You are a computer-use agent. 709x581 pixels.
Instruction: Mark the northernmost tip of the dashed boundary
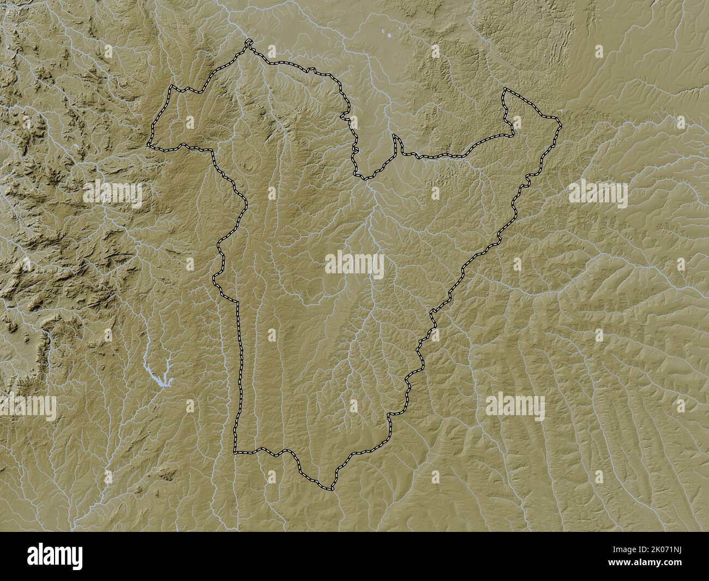248,41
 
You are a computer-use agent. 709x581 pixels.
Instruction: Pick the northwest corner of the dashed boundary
171,87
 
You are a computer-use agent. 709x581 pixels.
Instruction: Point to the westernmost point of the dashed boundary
148,145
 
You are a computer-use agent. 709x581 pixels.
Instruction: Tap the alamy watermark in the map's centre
354,265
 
